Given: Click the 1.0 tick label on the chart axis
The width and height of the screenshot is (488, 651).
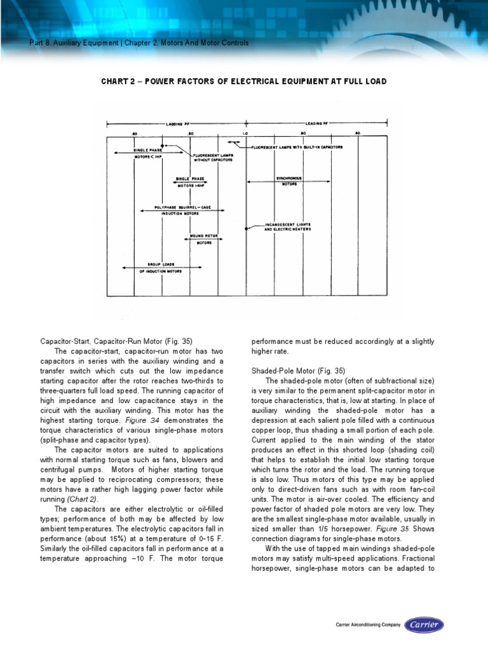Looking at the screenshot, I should click(x=245, y=134).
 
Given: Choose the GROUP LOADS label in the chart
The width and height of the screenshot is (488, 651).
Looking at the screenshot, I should click(x=161, y=264).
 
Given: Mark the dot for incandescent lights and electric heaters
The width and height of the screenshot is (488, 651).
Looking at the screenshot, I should click(x=246, y=227).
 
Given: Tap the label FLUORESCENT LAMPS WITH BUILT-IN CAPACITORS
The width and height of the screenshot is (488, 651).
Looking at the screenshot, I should click(x=297, y=147).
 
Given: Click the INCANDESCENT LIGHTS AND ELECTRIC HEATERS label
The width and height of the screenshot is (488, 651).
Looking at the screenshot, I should click(x=288, y=227).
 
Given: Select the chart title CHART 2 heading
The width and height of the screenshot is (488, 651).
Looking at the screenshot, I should click(x=244, y=82).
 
